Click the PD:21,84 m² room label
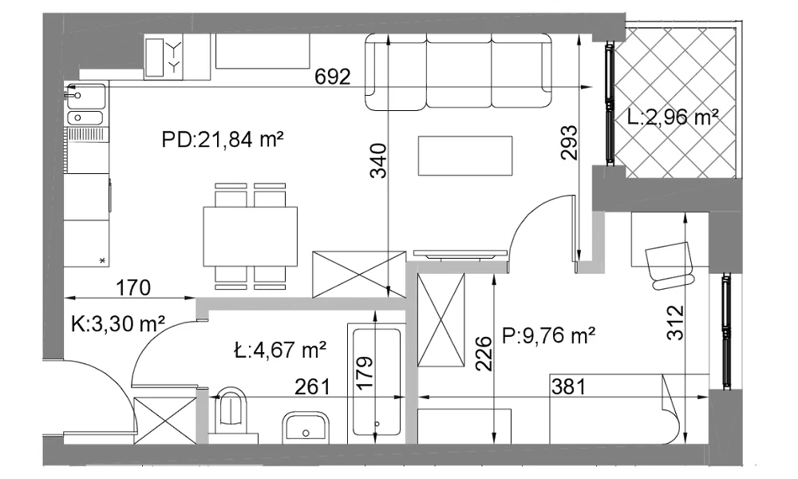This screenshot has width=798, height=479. pyautogui.click(x=223, y=139)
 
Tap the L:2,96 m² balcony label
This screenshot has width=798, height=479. pyautogui.click(x=673, y=117)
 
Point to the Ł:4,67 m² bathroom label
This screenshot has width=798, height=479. pyautogui.click(x=280, y=350)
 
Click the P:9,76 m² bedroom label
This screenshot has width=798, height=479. pyautogui.click(x=549, y=335)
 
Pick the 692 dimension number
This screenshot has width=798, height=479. pyautogui.click(x=333, y=77)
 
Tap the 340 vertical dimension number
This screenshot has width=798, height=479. pyautogui.click(x=378, y=160)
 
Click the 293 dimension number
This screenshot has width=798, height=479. pyautogui.click(x=570, y=143)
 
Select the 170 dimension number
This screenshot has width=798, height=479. pyautogui.click(x=133, y=288)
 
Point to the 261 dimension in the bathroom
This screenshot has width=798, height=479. pyautogui.click(x=313, y=387)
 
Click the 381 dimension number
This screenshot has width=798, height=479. pyautogui.click(x=568, y=387)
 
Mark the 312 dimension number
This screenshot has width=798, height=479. pyautogui.click(x=675, y=322)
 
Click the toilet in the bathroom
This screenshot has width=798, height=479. pyautogui.click(x=233, y=411)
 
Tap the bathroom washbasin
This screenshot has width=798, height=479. pyautogui.click(x=306, y=426)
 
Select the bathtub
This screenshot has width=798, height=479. pyautogui.click(x=377, y=382)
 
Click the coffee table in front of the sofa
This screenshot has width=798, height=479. pyautogui.click(x=464, y=156)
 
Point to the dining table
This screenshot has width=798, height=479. pyautogui.click(x=251, y=236)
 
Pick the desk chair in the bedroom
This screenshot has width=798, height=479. pyautogui.click(x=670, y=265)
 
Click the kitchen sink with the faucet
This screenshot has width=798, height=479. pyautogui.click(x=86, y=97)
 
